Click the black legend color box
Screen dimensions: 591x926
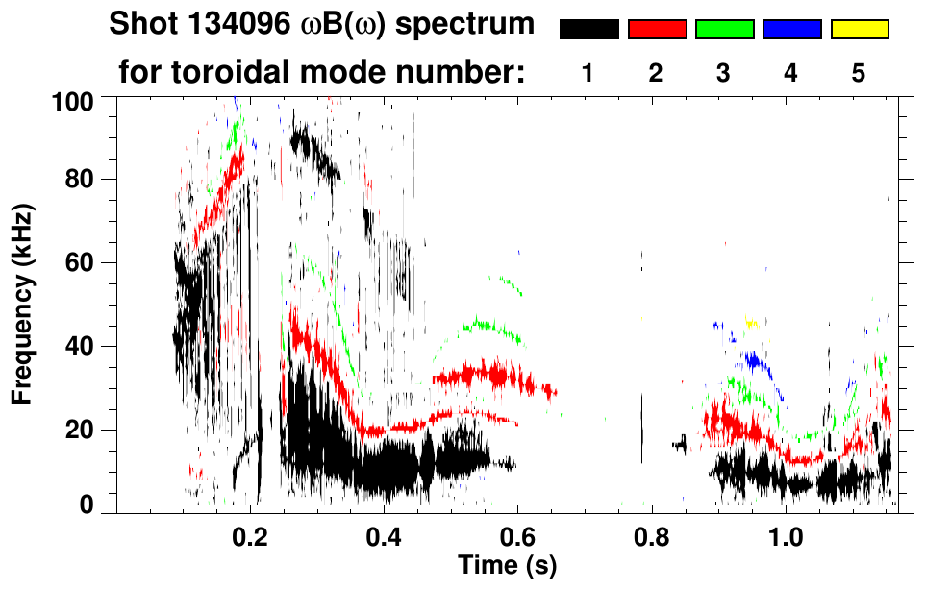(x=588, y=30)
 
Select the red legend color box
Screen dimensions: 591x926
(x=657, y=30)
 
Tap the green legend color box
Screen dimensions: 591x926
(x=724, y=30)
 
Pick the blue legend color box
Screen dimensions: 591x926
(x=791, y=30)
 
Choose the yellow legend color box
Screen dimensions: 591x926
(x=859, y=30)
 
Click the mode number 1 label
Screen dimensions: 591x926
(x=588, y=73)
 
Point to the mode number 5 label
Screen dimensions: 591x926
(x=859, y=73)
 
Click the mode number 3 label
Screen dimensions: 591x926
(x=723, y=73)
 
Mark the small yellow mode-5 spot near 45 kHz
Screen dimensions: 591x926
(x=751, y=323)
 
